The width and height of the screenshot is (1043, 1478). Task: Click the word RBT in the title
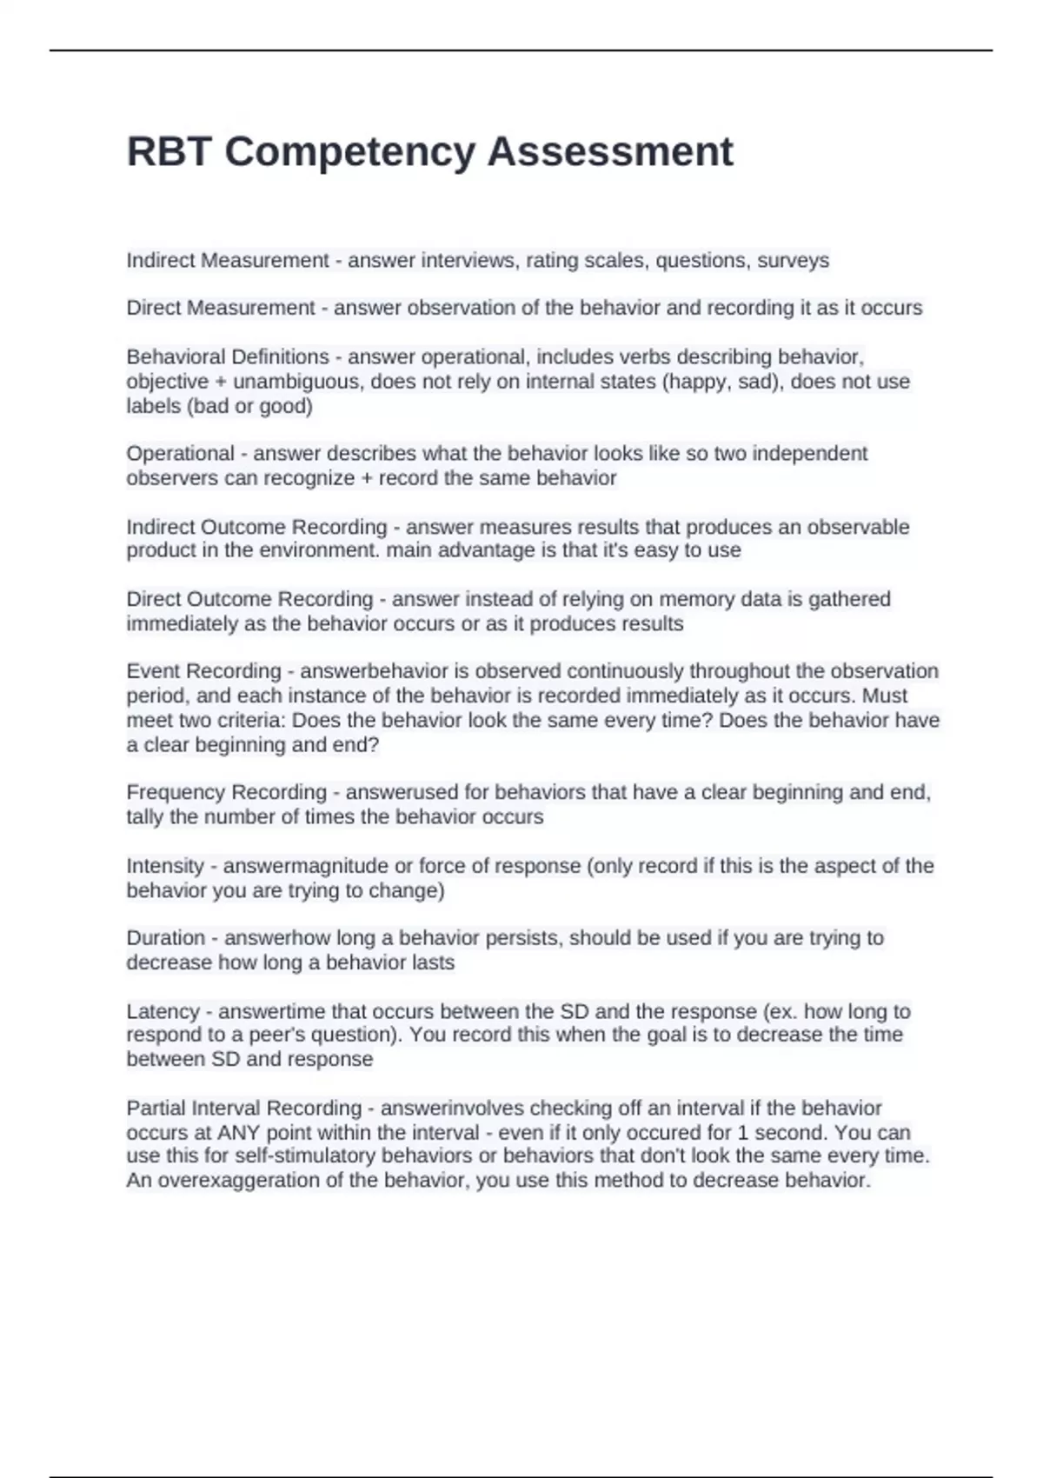tap(169, 151)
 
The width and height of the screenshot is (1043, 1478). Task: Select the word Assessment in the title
tap(610, 151)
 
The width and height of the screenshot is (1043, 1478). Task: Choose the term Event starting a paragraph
tap(153, 671)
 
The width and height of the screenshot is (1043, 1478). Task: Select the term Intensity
tap(164, 866)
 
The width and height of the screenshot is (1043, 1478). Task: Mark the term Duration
tap(165, 937)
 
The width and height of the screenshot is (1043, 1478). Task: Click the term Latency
tap(163, 1011)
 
